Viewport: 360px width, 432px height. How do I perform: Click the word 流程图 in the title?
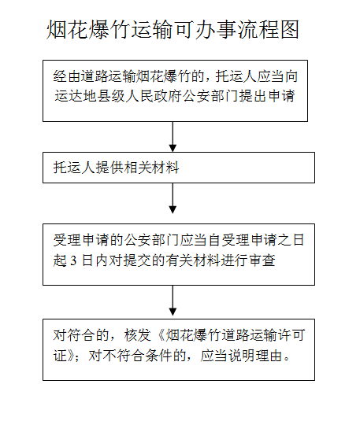click(x=269, y=29)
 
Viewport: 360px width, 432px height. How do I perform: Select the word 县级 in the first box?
click(x=111, y=96)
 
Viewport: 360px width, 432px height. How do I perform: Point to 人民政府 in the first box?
click(x=154, y=96)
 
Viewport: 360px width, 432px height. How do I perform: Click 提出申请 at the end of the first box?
click(x=267, y=96)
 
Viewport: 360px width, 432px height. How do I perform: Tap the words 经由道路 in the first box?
click(x=81, y=76)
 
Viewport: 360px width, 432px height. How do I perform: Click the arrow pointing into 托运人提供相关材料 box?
click(x=173, y=137)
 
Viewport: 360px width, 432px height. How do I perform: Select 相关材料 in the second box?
click(x=152, y=168)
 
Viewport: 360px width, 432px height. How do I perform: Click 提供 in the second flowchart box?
click(x=110, y=168)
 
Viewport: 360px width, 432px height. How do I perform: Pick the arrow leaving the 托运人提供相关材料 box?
click(x=173, y=198)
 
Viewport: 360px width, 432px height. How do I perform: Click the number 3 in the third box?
click(x=73, y=260)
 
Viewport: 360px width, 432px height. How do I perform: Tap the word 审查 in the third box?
click(x=262, y=260)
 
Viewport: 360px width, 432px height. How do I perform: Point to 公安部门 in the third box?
click(x=152, y=240)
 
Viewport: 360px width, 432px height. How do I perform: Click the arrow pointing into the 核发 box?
click(x=173, y=301)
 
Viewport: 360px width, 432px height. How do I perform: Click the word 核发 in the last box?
click(x=138, y=335)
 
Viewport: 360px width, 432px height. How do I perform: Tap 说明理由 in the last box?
click(x=255, y=356)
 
